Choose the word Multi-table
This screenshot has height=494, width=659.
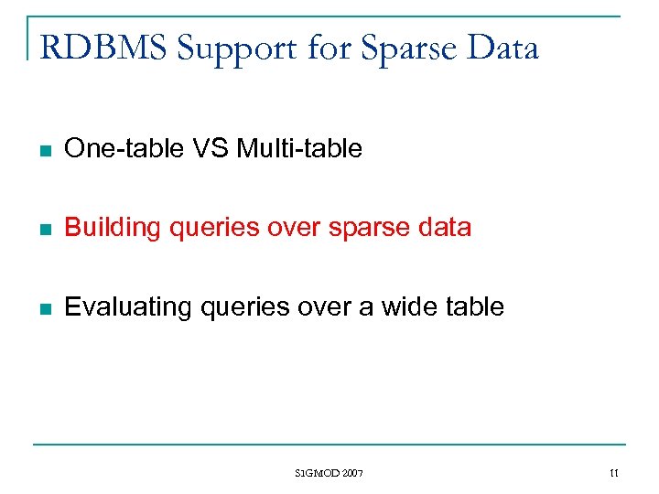(x=299, y=148)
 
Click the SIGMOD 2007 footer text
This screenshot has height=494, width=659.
(x=329, y=473)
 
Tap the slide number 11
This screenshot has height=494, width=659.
(x=614, y=473)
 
